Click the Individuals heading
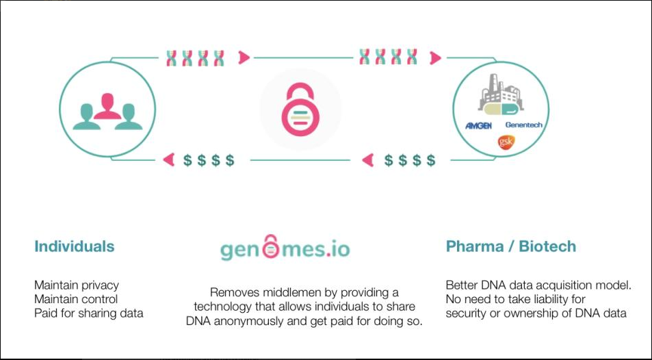click(75, 246)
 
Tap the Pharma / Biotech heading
click(510, 246)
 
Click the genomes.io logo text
click(284, 248)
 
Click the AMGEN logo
click(478, 126)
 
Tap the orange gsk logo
click(506, 142)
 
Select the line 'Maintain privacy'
click(76, 285)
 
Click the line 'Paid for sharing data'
click(89, 313)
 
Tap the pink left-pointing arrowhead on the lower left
click(168, 160)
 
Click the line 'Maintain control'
click(76, 299)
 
